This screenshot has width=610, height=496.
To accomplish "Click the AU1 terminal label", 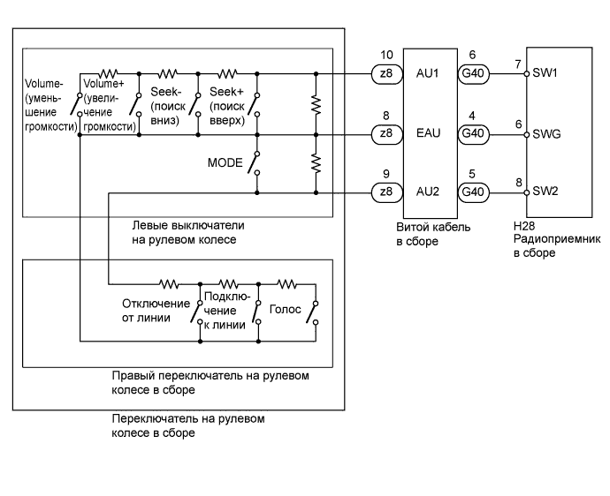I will (x=427, y=76).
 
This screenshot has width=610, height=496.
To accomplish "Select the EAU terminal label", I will (x=427, y=135).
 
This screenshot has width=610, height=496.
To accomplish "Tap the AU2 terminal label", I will (x=427, y=193).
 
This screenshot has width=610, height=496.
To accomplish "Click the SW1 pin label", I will (x=546, y=76).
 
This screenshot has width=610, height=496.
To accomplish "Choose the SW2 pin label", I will (x=546, y=193).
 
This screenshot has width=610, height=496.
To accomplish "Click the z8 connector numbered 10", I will (x=385, y=76).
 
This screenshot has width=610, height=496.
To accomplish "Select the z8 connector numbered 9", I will (x=385, y=193).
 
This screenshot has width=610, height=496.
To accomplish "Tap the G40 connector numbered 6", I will (x=471, y=76).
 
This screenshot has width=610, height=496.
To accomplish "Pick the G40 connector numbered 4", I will (x=471, y=135).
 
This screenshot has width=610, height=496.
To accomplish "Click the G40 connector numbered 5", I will (x=471, y=193).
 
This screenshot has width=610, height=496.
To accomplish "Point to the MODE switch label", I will (x=225, y=163).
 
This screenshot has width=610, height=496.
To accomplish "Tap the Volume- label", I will (x=43, y=85).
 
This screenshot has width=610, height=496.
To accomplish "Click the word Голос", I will (x=287, y=310).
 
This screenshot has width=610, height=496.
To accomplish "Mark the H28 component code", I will (x=524, y=226).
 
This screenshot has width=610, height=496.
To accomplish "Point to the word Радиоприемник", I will (x=556, y=238).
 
